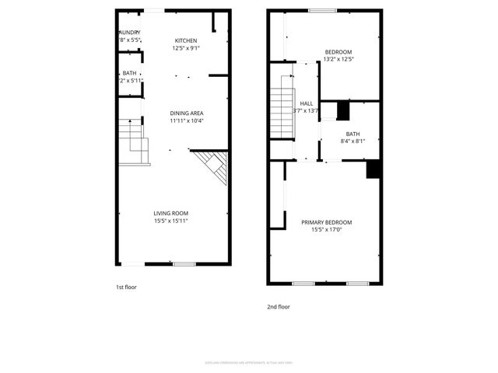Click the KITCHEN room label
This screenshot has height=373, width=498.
tap(185, 40)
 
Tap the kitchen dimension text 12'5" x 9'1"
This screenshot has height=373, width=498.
tap(185, 48)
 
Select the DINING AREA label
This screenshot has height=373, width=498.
tap(186, 113)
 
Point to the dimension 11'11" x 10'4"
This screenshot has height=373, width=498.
tap(186, 120)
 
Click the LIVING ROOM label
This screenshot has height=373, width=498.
tap(170, 213)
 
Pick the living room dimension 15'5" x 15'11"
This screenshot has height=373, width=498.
tap(170, 221)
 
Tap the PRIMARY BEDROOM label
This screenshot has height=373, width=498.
tap(327, 222)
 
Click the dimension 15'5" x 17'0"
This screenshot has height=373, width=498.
tap(327, 230)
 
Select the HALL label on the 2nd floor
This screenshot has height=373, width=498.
tap(307, 103)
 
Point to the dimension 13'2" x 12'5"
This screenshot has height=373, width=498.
tap(338, 59)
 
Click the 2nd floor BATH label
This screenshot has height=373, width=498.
tap(352, 133)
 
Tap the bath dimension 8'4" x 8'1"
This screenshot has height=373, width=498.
tap(352, 141)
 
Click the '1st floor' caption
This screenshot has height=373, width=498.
tap(127, 288)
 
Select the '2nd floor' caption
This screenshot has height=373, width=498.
tap(279, 307)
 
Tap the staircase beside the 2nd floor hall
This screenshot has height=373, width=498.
tap(281, 111)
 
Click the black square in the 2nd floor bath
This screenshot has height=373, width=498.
tap(343, 111)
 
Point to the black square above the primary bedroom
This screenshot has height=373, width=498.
tap(373, 169)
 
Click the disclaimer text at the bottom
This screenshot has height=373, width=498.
tap(248, 363)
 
